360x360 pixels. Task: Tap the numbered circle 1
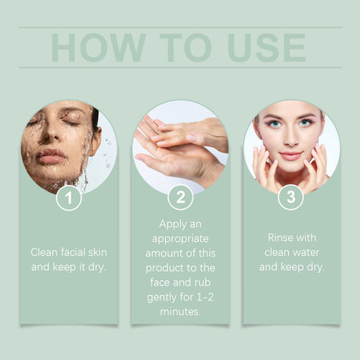69,197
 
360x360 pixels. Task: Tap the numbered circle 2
180,197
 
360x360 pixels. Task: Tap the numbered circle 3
291,197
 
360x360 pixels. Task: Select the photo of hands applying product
180,145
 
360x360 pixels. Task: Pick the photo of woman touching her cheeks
291,145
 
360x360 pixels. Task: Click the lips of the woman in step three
289,154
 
